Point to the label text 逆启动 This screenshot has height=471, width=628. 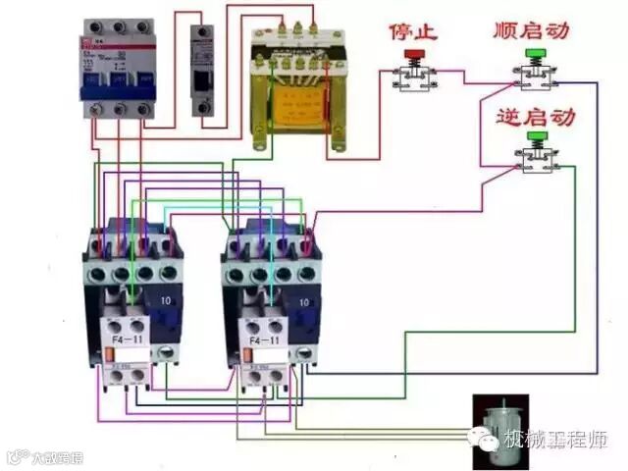(x=536, y=119)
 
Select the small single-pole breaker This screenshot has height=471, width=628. (x=203, y=69)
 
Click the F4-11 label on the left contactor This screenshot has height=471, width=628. (x=126, y=340)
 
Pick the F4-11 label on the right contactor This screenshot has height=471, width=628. (x=266, y=340)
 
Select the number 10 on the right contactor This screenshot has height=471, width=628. (x=305, y=302)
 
